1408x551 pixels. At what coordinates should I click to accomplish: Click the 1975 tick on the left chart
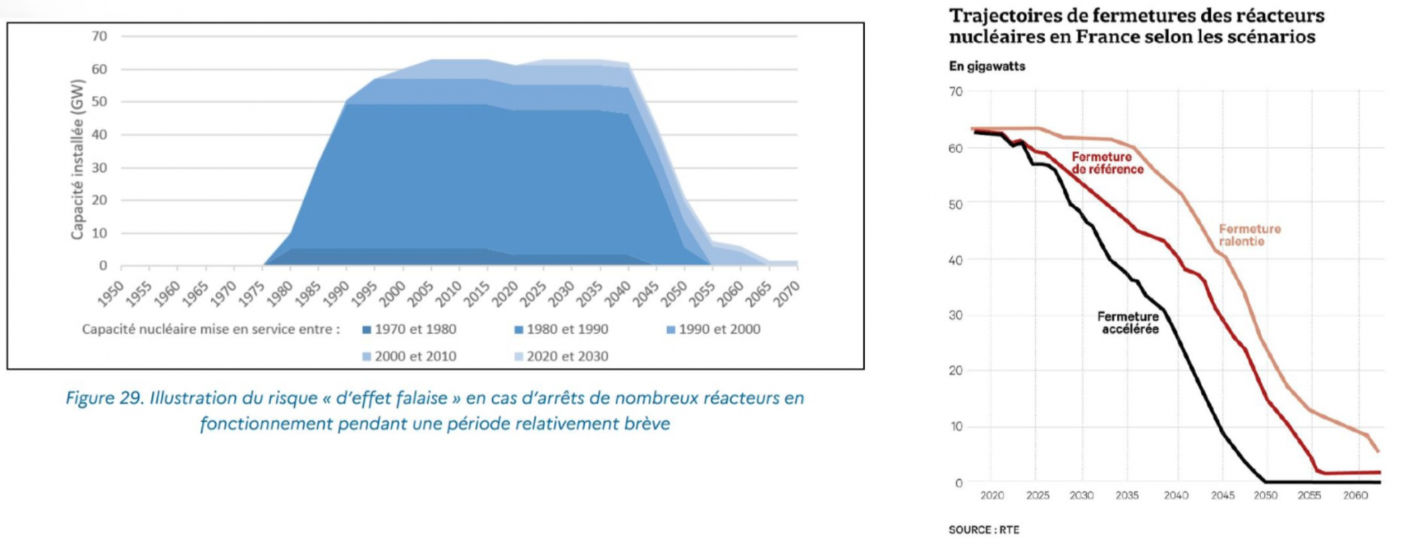click(253, 294)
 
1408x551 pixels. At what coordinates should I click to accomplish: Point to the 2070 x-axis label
click(787, 294)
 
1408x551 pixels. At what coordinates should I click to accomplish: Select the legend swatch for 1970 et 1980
click(367, 330)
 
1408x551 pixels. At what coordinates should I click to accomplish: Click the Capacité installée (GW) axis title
click(78, 160)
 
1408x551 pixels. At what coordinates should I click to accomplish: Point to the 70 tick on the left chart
click(99, 36)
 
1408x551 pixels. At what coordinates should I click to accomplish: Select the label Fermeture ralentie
click(1249, 235)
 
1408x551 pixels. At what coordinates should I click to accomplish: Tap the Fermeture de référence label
click(1106, 163)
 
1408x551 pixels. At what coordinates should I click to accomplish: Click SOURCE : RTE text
click(984, 530)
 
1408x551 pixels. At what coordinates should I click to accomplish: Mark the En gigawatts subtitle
click(987, 66)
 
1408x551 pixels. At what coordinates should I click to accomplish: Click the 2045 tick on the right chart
click(1222, 495)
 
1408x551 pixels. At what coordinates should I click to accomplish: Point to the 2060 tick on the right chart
click(1355, 495)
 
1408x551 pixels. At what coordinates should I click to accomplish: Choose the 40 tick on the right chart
click(955, 260)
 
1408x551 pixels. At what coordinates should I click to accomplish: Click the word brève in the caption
click(644, 424)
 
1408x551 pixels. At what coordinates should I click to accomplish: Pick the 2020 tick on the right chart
click(992, 495)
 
